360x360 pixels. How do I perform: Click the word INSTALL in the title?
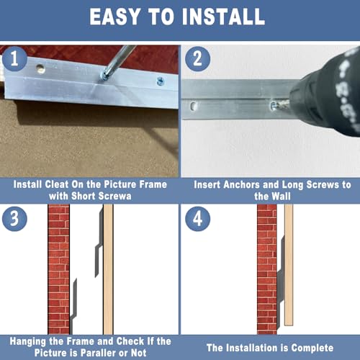[x=223, y=17]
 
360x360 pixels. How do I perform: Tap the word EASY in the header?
[x=114, y=17]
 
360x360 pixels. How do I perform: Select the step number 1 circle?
[x=14, y=58]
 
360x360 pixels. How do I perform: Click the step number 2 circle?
[x=198, y=58]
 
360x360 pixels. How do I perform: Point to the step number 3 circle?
[x=14, y=219]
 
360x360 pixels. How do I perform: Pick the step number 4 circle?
[x=198, y=219]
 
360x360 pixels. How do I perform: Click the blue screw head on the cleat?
[x=161, y=81]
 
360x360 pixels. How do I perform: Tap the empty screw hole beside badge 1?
[x=41, y=68]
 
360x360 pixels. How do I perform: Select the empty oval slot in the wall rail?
[x=194, y=106]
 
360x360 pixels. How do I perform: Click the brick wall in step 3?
[x=59, y=269]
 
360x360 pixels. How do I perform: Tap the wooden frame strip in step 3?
[x=108, y=269]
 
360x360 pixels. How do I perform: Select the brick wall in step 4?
[x=267, y=269]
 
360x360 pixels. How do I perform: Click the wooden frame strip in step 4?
[x=289, y=265]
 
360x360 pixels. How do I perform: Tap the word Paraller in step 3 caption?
[x=97, y=353]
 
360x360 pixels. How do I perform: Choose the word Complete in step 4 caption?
[x=312, y=348]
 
